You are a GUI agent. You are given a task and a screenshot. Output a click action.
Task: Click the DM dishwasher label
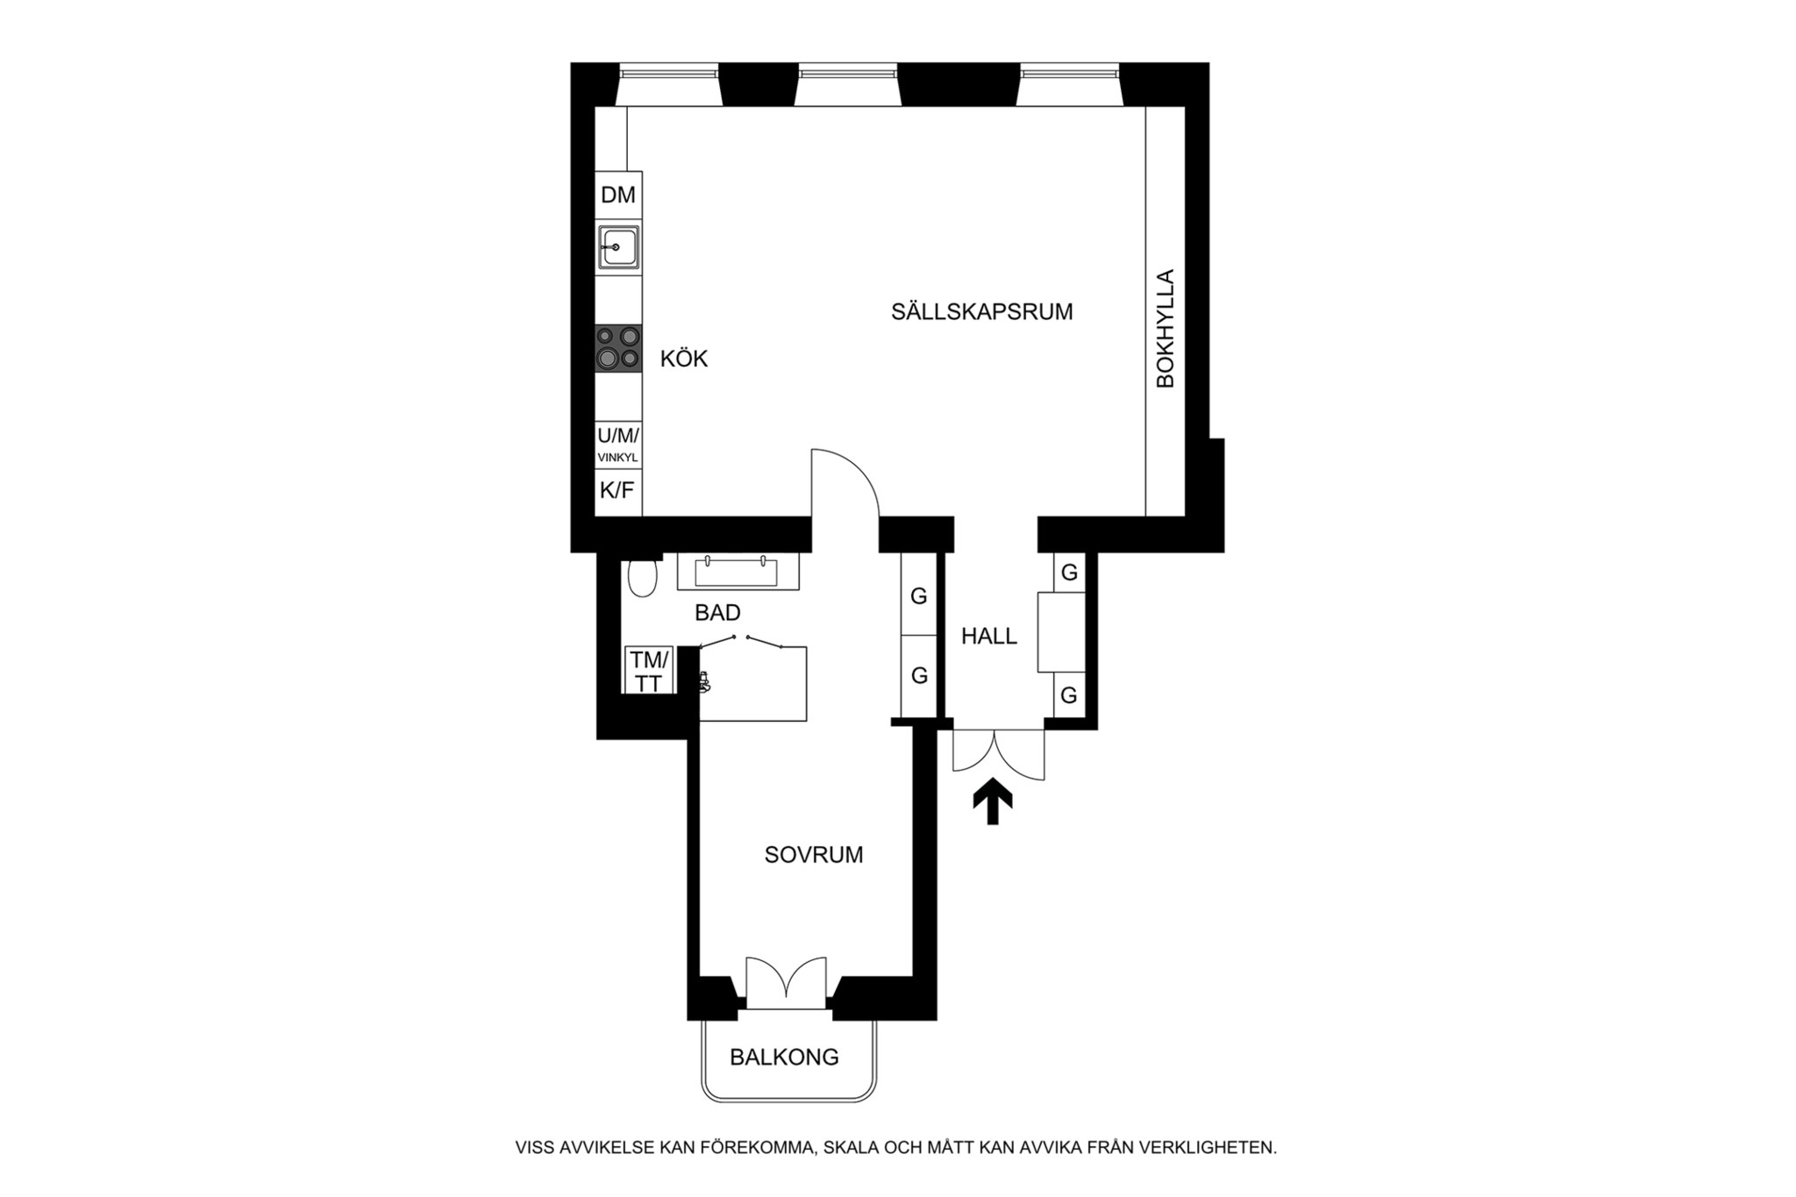click(618, 195)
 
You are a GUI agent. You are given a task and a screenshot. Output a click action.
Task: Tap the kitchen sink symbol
click(618, 247)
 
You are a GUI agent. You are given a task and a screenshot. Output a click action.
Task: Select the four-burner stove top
click(618, 347)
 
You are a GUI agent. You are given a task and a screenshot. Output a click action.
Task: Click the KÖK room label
click(684, 358)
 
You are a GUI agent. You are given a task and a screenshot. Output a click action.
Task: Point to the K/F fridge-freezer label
click(617, 490)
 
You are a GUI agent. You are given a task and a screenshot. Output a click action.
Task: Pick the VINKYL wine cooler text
click(618, 458)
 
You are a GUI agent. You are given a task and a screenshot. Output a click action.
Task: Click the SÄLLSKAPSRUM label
click(982, 311)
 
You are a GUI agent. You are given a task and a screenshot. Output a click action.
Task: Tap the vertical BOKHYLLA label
click(1165, 329)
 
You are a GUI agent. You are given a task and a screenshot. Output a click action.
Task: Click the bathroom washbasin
click(737, 572)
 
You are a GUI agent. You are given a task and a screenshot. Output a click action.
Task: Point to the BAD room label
click(717, 612)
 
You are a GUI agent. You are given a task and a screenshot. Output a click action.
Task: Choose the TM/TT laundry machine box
click(649, 671)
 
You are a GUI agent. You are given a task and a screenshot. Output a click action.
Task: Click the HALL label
click(989, 636)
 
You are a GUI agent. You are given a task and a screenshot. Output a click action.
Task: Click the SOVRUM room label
click(814, 854)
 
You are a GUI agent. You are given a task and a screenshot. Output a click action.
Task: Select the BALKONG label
click(784, 1057)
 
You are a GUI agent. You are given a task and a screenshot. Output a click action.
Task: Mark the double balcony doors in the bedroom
click(786, 981)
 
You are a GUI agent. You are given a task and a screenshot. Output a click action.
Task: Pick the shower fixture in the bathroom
click(704, 681)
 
